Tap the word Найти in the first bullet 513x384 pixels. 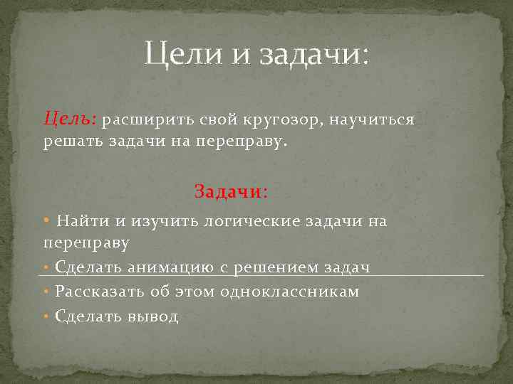[x=83, y=221]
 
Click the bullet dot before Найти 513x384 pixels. [x=47, y=220]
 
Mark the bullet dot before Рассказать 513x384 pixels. [x=47, y=292]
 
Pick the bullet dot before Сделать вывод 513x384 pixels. [x=47, y=316]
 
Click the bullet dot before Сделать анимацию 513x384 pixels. [x=47, y=267]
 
